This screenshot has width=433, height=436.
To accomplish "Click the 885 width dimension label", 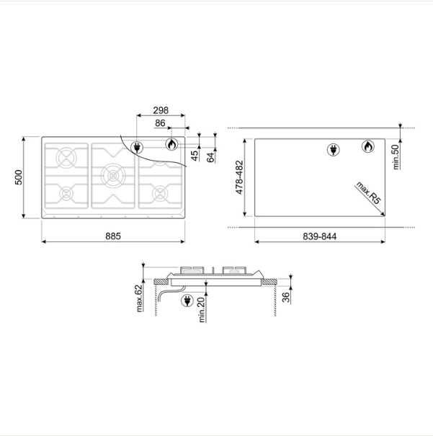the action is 113,236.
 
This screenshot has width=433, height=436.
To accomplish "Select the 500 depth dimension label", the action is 19,177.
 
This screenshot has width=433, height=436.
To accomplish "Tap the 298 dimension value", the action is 161,110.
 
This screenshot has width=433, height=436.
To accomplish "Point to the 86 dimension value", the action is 160,123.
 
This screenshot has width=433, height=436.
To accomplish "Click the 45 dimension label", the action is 195,156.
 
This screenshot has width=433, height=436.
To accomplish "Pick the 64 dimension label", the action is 211,157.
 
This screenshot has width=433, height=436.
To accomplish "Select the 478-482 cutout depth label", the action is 239,177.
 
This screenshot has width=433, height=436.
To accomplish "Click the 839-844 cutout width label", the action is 319,236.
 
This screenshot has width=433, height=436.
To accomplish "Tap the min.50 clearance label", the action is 396,156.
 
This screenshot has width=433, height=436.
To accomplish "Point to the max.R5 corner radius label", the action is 368,192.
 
